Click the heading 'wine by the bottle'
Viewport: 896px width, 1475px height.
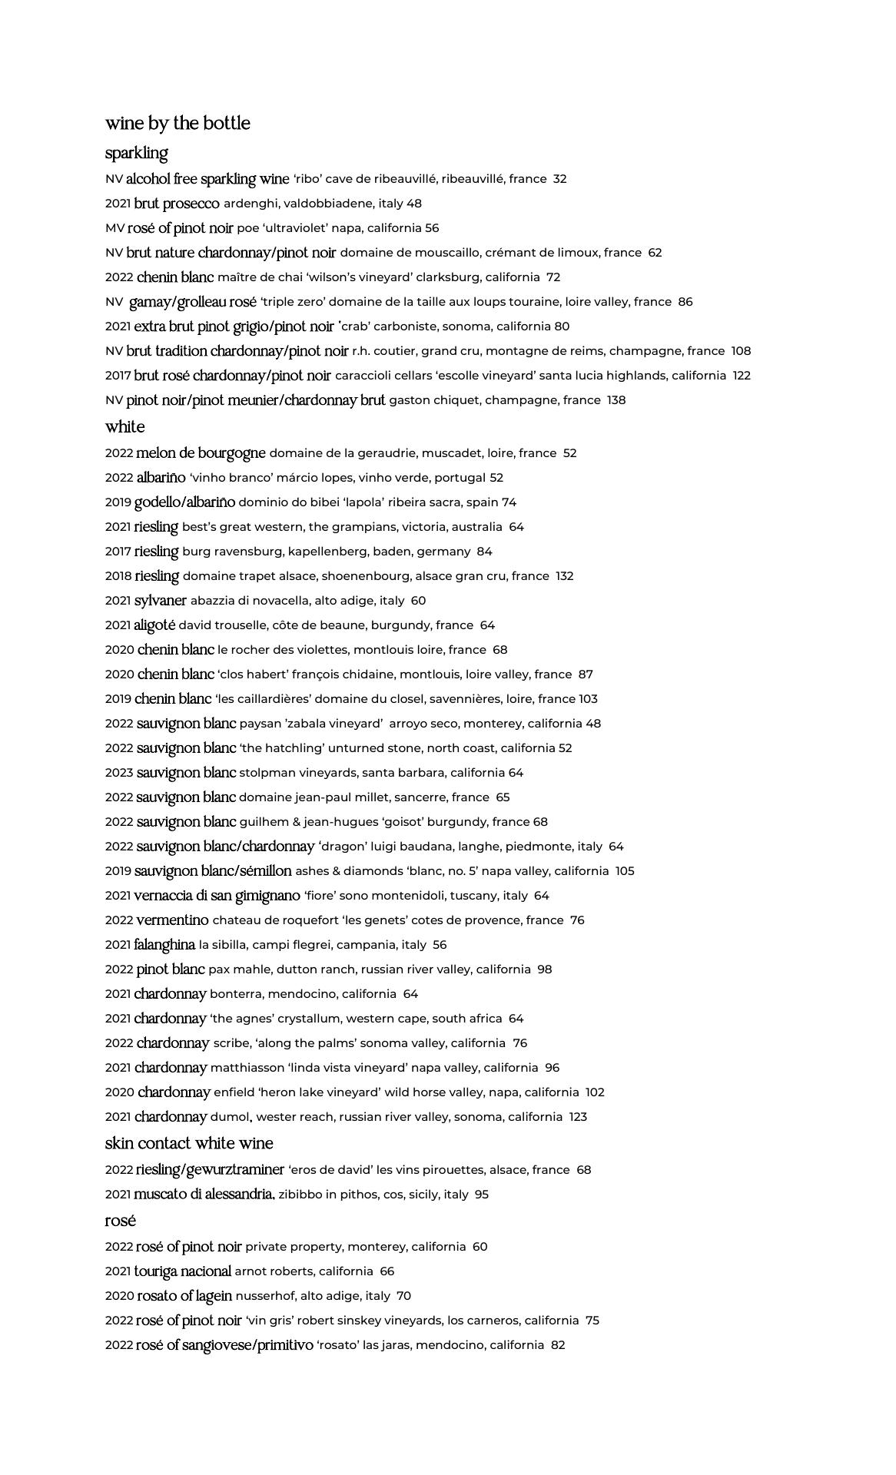click(x=178, y=124)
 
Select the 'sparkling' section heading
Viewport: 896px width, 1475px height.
click(x=136, y=153)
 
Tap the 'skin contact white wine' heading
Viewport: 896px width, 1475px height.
click(x=189, y=1143)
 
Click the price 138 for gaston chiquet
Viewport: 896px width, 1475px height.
click(x=616, y=400)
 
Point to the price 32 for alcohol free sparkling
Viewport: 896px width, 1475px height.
click(x=559, y=179)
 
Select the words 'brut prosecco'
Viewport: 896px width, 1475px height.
click(x=177, y=204)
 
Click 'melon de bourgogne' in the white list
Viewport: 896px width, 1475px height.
click(x=201, y=453)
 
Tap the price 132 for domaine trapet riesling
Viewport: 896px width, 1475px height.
click(x=565, y=576)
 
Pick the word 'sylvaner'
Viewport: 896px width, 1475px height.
click(x=161, y=601)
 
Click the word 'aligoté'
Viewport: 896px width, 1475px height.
click(x=154, y=625)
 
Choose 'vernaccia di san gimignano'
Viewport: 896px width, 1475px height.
click(x=217, y=896)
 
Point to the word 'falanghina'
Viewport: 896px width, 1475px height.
click(x=164, y=945)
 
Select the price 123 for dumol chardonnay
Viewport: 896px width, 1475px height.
click(x=578, y=1117)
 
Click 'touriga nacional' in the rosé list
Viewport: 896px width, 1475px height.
click(x=183, y=1271)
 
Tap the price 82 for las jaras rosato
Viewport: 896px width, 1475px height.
click(x=558, y=1345)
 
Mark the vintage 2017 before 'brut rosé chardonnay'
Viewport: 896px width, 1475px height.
click(x=118, y=376)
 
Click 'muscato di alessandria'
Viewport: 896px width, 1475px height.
click(x=204, y=1195)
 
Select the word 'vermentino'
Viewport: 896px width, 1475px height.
click(x=172, y=920)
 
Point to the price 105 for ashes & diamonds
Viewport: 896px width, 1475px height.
click(x=625, y=871)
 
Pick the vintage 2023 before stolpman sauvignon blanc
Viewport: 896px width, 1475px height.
click(x=119, y=773)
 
